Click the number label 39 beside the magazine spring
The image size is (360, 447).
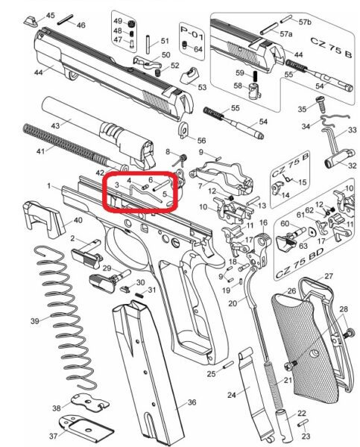[x=35, y=321]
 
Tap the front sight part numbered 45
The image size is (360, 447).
[x=31, y=22]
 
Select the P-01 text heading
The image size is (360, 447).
[x=192, y=32]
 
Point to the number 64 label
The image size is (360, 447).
[x=198, y=49]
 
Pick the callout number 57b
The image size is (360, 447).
[x=305, y=22]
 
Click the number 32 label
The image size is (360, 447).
[x=352, y=165]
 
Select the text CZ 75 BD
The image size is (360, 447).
[x=300, y=263]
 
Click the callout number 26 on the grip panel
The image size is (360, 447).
[x=291, y=291]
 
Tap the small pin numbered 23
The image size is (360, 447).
[x=303, y=423]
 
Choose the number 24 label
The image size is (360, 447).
[x=232, y=395]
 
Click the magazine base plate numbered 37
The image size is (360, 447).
[x=86, y=426]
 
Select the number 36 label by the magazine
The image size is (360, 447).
[x=192, y=402]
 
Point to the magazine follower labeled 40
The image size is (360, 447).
[x=42, y=218]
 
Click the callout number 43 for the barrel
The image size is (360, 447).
[x=55, y=125]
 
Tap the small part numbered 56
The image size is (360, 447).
[x=183, y=130]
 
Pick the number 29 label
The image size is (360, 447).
[x=107, y=268]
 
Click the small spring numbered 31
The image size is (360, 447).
[x=139, y=295]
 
